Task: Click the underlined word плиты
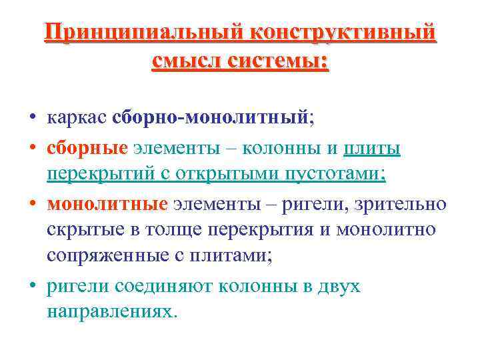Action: coord(372,147)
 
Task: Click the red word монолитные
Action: coord(107,203)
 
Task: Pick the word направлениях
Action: coord(113,311)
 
